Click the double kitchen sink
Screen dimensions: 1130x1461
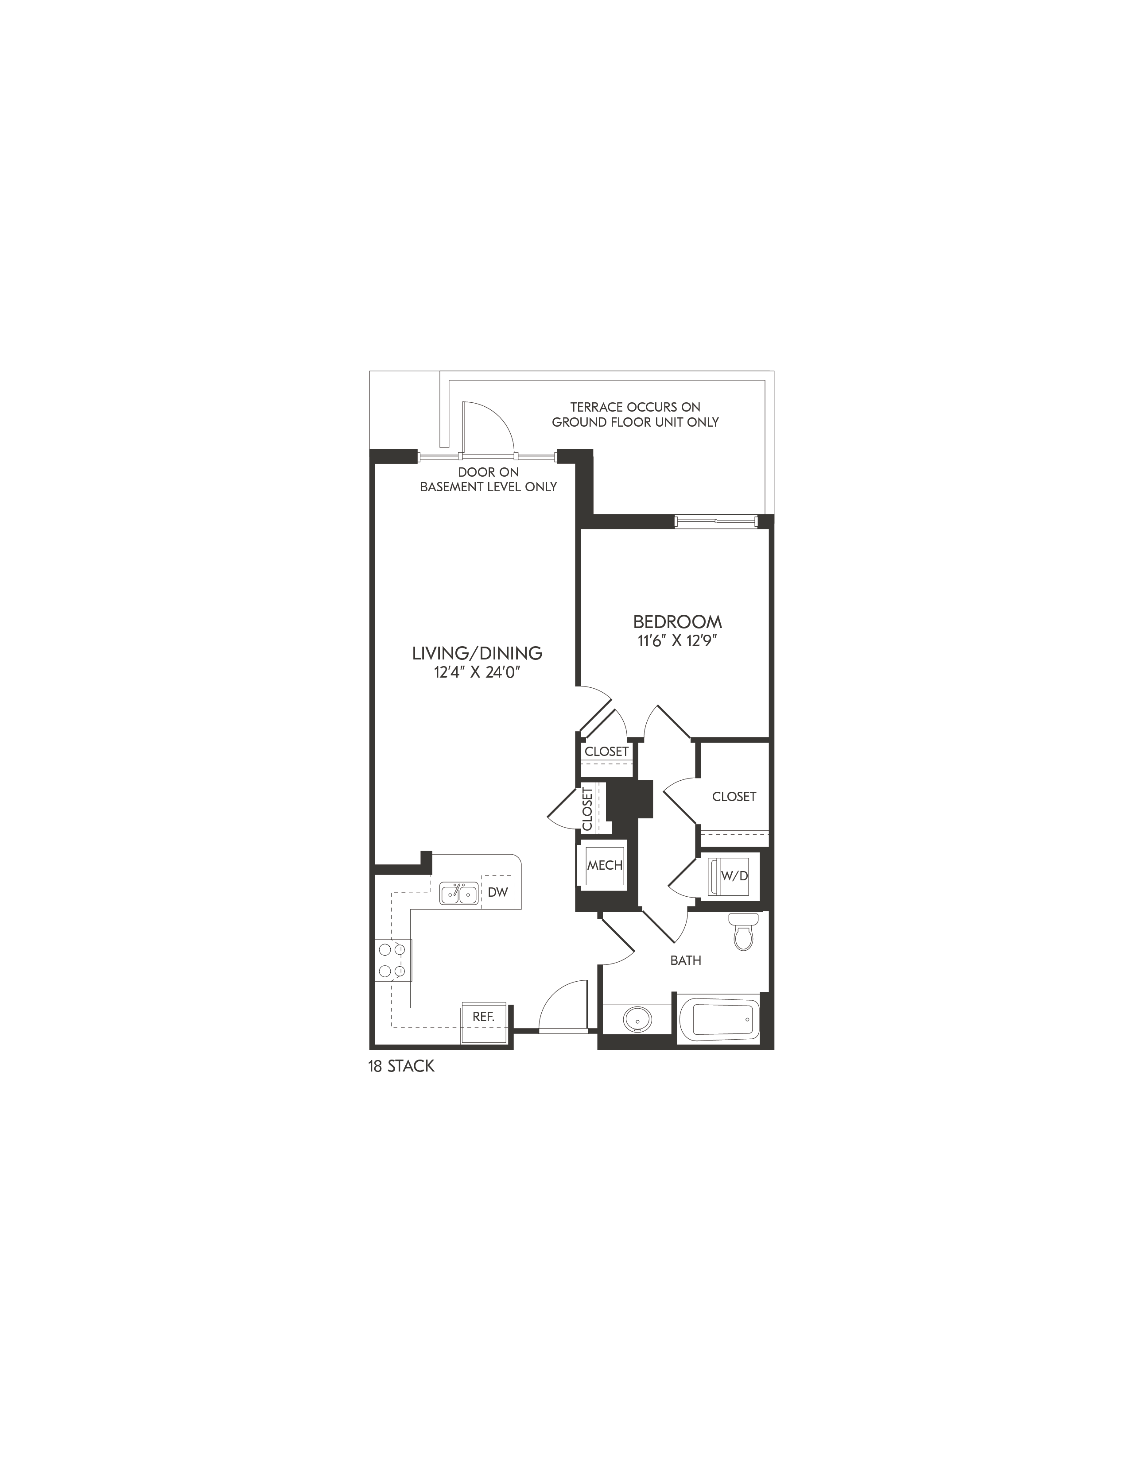pyautogui.click(x=458, y=894)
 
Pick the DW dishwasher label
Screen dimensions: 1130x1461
pyautogui.click(x=497, y=892)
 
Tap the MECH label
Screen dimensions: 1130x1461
pyautogui.click(x=605, y=865)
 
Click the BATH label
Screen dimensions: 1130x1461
pyautogui.click(x=686, y=960)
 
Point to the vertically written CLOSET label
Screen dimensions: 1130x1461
pyautogui.click(x=587, y=808)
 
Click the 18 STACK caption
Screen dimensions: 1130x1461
pyautogui.click(x=401, y=1066)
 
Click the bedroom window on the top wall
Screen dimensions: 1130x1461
pyautogui.click(x=716, y=522)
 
